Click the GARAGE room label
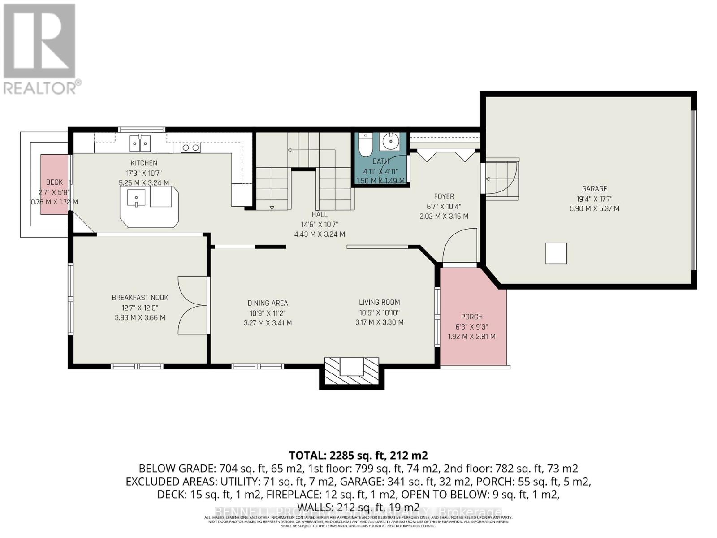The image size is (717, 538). (594, 189)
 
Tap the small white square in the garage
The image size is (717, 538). (556, 253)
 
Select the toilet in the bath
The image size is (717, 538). (366, 143)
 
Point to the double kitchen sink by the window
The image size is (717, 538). (140, 143)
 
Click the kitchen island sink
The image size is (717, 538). (136, 197)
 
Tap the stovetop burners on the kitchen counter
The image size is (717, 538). (190, 148)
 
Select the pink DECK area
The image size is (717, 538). (54, 185)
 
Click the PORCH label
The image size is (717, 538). (471, 317)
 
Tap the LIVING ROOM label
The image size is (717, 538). (379, 302)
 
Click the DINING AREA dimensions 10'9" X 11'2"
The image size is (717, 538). (268, 313)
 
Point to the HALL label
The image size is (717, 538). (320, 214)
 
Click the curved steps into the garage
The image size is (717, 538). (502, 178)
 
